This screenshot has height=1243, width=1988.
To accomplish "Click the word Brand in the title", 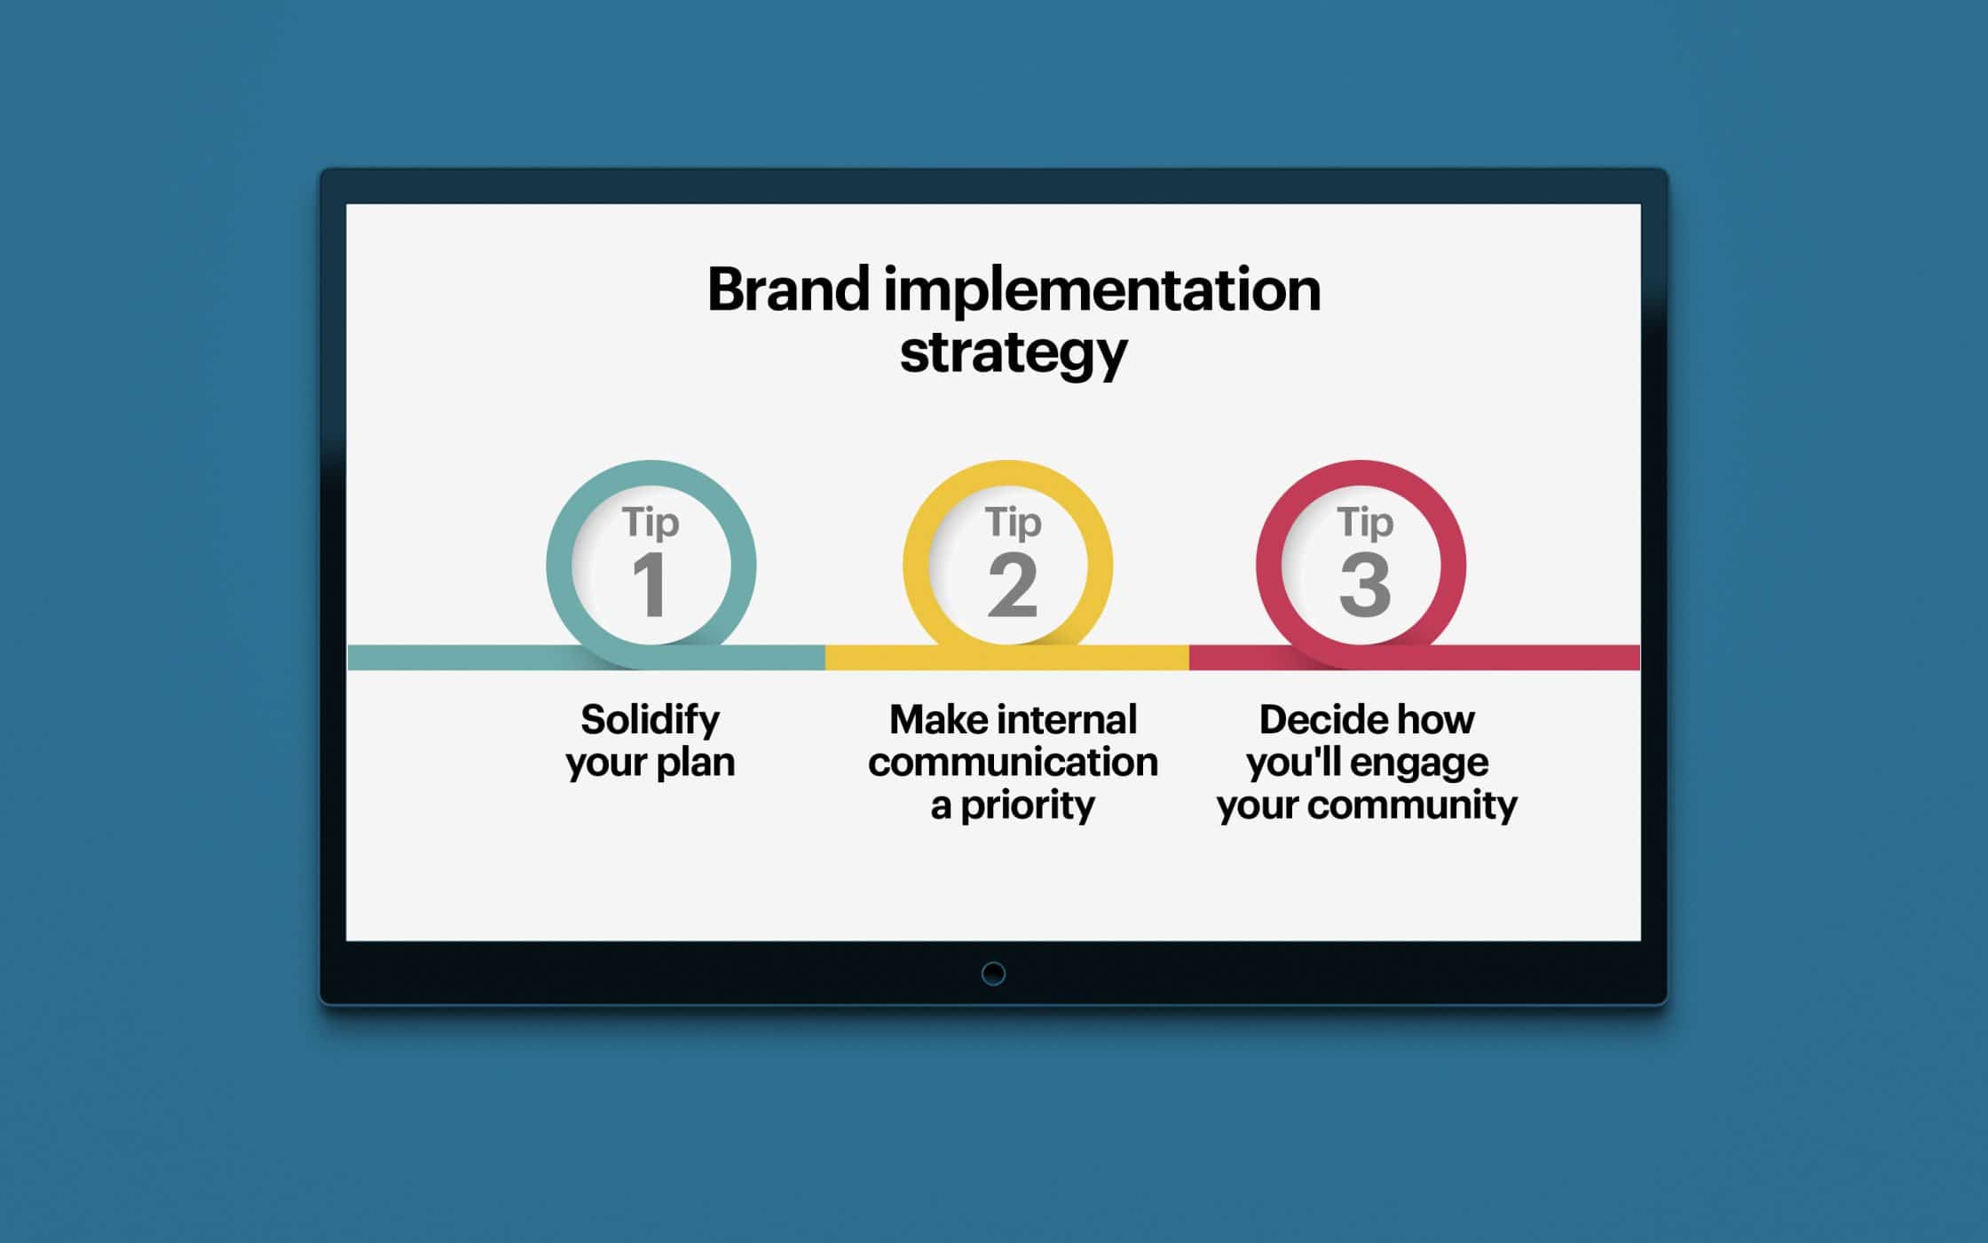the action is click(x=788, y=289).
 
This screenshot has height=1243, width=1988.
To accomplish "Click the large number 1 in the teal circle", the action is click(x=650, y=584).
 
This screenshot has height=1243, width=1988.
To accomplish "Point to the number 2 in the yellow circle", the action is click(x=1013, y=584).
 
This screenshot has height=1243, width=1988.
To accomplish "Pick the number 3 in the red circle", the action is click(x=1365, y=584).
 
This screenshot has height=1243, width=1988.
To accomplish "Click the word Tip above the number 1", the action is click(x=651, y=523).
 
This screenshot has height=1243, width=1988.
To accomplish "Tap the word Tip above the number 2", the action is click(x=1013, y=523).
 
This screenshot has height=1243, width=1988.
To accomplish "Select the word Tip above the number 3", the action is click(x=1365, y=523).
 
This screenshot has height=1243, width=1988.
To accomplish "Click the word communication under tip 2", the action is click(x=1013, y=762).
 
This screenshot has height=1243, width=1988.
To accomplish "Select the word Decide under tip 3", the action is click(x=1317, y=720).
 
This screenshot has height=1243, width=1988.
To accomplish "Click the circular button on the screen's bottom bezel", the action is click(x=993, y=974).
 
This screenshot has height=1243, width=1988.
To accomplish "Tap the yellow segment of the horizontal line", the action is click(x=1007, y=658).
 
